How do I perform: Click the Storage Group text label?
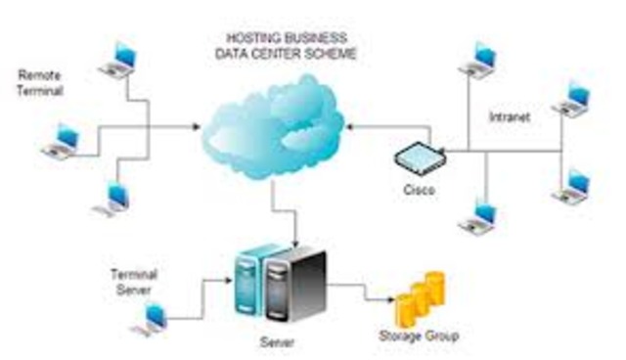[418, 337]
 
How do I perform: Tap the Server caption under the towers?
[277, 342]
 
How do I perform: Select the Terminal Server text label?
[136, 282]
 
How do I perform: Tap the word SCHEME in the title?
[333, 52]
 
